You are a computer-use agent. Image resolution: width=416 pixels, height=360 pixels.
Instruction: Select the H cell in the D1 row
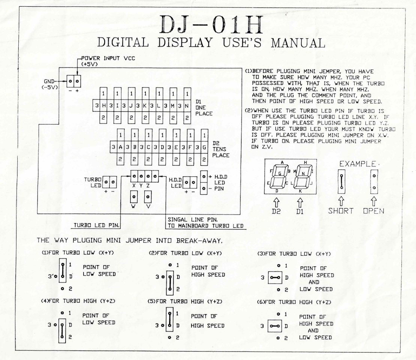click(x=104, y=105)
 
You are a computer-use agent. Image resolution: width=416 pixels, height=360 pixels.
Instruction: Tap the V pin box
click(x=148, y=197)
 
